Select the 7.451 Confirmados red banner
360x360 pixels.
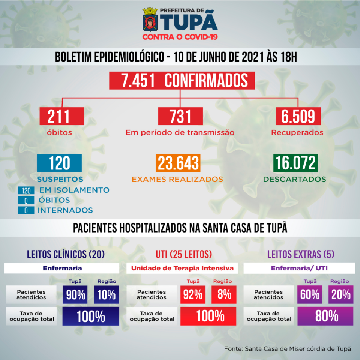point(182,81)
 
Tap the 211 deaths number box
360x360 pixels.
point(61,116)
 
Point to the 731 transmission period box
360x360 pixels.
point(180,116)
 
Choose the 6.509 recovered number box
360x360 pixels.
point(298,116)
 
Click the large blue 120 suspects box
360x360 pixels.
point(59,163)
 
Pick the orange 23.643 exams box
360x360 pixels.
point(178,163)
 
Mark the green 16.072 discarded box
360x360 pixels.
point(296,163)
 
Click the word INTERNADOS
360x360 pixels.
point(65,210)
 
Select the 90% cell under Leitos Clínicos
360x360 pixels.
point(75,295)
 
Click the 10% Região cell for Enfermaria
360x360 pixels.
point(106,295)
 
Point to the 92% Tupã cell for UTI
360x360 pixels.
point(193,295)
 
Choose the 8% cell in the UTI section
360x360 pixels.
point(224,295)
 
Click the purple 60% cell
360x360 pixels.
point(309,295)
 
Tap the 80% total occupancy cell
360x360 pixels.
point(325,316)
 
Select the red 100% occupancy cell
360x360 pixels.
point(208,316)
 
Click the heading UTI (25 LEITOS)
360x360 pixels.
point(184,254)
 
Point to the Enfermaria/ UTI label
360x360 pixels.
point(299,268)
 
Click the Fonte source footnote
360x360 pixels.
point(288,348)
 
